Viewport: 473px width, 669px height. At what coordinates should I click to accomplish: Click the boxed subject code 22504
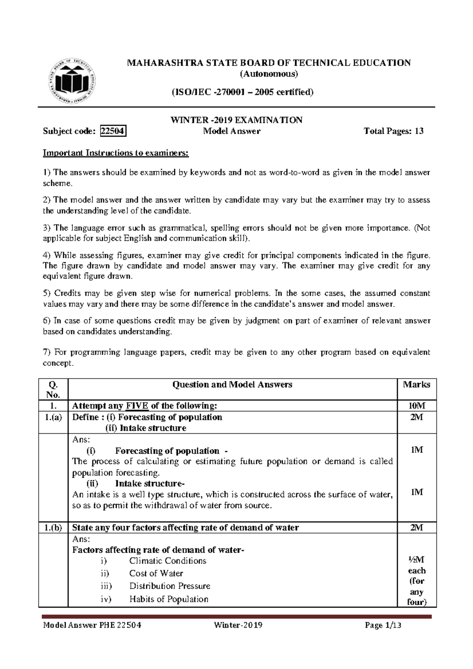[x=114, y=131]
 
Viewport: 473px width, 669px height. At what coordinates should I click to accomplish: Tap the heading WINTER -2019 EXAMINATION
[x=236, y=120]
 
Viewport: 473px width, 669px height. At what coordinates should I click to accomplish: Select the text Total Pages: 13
[x=394, y=131]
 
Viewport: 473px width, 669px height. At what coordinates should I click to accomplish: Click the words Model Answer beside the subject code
[x=232, y=131]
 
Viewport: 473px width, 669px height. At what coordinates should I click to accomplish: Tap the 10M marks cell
[x=417, y=406]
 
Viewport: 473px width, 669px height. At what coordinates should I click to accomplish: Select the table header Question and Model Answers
[x=233, y=385]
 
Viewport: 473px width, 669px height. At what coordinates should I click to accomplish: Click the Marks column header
[x=417, y=385]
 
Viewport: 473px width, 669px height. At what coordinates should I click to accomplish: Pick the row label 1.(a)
[x=53, y=417]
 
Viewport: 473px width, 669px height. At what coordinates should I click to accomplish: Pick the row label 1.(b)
[x=53, y=528]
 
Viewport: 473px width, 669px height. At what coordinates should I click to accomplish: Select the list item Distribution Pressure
[x=169, y=586]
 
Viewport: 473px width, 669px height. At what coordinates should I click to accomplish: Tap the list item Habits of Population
[x=169, y=599]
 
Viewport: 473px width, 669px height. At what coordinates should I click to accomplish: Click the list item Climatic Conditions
[x=168, y=561]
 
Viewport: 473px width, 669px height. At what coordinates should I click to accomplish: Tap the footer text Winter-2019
[x=238, y=625]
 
